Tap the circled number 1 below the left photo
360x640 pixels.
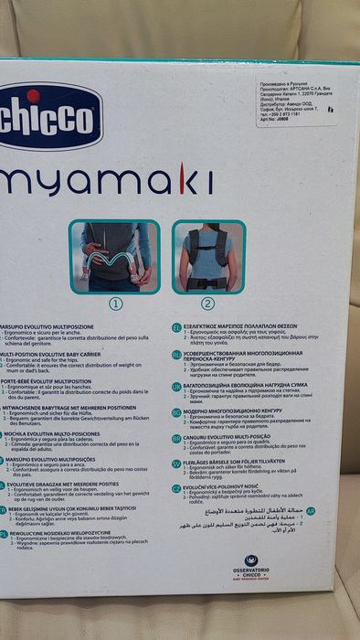[115, 304]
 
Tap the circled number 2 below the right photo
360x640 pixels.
[207, 304]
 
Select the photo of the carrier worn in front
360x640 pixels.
[115, 256]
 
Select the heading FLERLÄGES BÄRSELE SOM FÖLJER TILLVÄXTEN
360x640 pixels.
[247, 463]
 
